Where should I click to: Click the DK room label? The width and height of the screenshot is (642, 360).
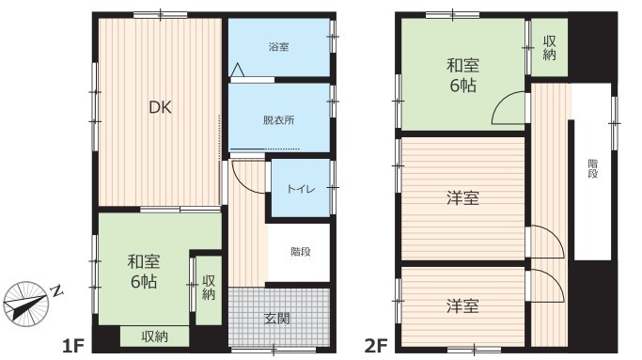160,107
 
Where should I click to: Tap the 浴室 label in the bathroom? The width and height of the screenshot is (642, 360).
279,47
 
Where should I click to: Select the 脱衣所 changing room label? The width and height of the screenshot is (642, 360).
279,120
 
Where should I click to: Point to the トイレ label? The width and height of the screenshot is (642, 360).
301,189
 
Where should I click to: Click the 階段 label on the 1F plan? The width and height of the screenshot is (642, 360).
301,252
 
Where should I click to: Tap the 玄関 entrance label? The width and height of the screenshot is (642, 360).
277,319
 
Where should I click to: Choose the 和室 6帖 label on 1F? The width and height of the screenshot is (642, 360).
144,272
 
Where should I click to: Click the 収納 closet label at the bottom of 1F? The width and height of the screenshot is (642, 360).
155,337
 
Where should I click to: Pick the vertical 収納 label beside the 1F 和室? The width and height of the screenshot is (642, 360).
209,288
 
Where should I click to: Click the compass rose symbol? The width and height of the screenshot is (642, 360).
25,304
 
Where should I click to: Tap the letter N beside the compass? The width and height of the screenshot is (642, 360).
57,290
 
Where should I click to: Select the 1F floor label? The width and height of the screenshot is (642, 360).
73,347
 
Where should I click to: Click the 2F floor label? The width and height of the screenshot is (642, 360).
376,347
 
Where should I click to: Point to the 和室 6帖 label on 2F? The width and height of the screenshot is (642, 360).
463,75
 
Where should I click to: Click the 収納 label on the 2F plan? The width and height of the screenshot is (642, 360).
550,48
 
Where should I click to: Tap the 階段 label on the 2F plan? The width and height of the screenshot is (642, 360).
593,169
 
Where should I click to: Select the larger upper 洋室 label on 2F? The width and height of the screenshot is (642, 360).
462,198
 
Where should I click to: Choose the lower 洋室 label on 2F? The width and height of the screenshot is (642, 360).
462,305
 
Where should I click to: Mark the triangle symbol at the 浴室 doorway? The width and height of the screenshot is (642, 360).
238,70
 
